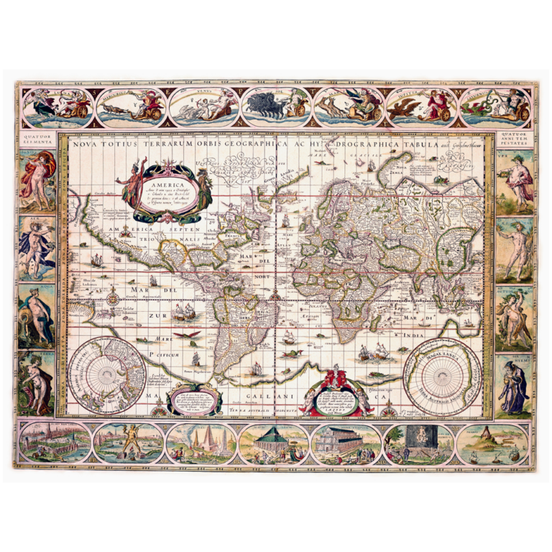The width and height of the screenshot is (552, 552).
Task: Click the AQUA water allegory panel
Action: coord(37,317)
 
